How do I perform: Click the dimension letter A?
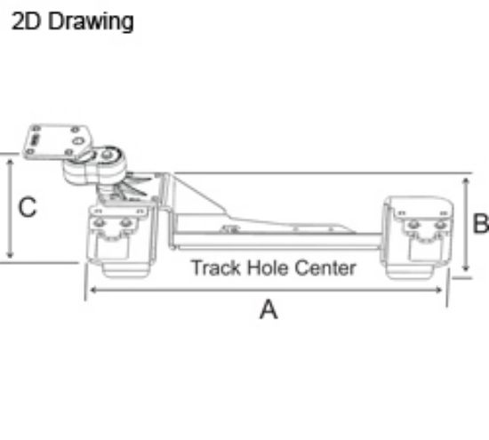tap(267, 310)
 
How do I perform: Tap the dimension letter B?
tap(480, 224)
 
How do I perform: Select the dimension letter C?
tap(28, 207)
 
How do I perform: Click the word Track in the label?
tap(211, 268)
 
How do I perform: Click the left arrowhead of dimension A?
tap(88, 290)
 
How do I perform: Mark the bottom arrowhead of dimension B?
tap(466, 273)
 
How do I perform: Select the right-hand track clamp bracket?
tap(418, 236)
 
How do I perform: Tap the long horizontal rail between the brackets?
tap(276, 238)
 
